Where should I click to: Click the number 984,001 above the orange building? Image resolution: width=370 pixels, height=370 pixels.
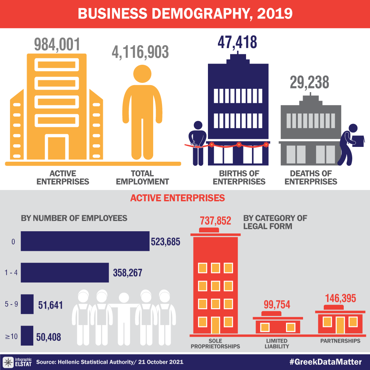coord(57,44)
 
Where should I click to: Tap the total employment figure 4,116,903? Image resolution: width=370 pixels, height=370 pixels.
coord(140,52)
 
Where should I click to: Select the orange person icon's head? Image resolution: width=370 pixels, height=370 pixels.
coord(142,74)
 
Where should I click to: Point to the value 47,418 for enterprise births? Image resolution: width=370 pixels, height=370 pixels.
coord(237,42)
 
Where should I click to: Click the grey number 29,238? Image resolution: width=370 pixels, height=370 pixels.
coord(309,83)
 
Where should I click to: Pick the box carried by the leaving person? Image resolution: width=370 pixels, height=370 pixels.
coord(357,140)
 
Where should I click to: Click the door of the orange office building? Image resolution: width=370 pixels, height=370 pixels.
coord(57,148)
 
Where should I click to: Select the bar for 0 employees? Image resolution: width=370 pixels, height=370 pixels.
coord(85,242)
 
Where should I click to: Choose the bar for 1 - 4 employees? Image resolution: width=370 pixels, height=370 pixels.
coord(65,273)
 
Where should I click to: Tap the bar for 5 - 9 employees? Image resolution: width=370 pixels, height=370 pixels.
coord(27,304)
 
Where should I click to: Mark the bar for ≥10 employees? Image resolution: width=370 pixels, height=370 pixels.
coord(27,335)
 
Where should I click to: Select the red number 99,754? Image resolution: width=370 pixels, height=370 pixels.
coord(277,305)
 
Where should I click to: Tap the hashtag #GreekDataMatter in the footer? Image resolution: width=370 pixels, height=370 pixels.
coord(325,361)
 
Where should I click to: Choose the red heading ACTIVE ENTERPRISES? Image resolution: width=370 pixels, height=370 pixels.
coord(177,198)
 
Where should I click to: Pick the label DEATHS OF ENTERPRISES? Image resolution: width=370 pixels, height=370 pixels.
coord(311,177)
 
